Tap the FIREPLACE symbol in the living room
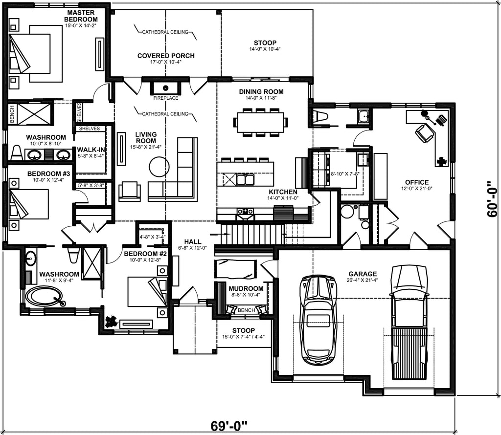pyautogui.click(x=166, y=88)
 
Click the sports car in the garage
pyautogui.click(x=319, y=320)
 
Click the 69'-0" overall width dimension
pyautogui.click(x=229, y=425)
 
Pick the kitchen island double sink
pyautogui.click(x=245, y=180)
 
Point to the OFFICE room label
pyautogui.click(x=416, y=182)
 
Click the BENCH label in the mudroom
pyautogui.click(x=246, y=310)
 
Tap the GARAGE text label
pyautogui.click(x=363, y=274)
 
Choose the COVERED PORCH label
pyautogui.click(x=165, y=56)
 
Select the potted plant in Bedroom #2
pyautogui.click(x=111, y=321)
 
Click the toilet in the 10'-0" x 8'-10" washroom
pyautogui.click(x=16, y=152)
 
